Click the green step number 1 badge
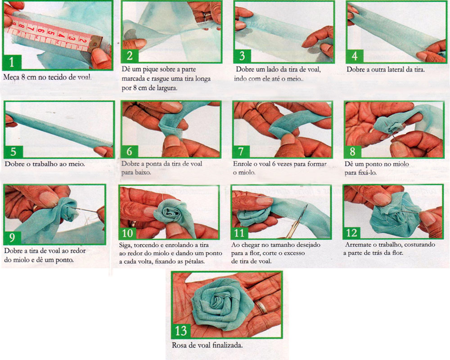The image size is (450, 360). tap(12, 62)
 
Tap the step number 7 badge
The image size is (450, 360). tap(241, 152)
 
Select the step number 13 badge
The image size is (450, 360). tap(181, 331)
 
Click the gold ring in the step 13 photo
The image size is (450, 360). tap(261, 306)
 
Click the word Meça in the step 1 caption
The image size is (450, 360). tap(12, 77)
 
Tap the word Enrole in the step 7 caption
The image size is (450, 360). tap(243, 164)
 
